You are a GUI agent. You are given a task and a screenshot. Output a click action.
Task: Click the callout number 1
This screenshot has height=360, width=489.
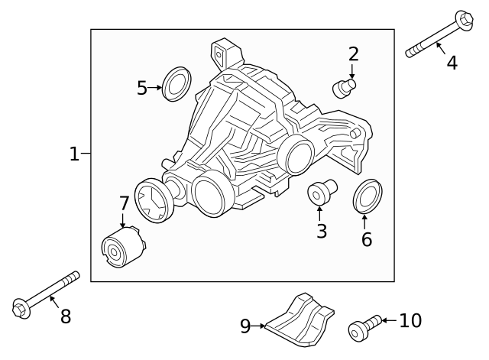tap(74, 154)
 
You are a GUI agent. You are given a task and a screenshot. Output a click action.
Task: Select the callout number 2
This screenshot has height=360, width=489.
tap(353, 54)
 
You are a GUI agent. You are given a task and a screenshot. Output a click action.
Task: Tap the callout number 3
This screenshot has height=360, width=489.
tap(321, 231)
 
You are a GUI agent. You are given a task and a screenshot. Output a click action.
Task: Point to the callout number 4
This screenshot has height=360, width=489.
tap(452, 63)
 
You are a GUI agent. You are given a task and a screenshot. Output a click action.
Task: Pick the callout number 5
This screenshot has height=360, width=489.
tap(141, 88)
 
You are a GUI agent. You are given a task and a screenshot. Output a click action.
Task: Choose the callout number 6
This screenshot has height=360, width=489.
tap(367, 239)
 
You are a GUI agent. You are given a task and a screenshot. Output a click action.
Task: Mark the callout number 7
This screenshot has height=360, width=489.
tap(124, 203)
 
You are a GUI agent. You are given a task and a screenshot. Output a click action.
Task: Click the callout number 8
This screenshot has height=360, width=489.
tap(66, 316)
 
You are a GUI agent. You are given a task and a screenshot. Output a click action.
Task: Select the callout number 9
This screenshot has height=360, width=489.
tap(245, 326)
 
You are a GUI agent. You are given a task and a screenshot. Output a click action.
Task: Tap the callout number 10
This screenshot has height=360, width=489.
tap(410, 321)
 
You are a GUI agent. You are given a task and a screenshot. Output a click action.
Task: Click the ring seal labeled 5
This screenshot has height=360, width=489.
tap(178, 83)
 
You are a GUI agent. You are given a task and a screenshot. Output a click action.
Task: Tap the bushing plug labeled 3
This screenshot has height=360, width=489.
tap(319, 192)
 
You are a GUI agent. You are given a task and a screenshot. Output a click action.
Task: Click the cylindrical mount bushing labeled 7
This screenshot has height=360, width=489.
tap(124, 247)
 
